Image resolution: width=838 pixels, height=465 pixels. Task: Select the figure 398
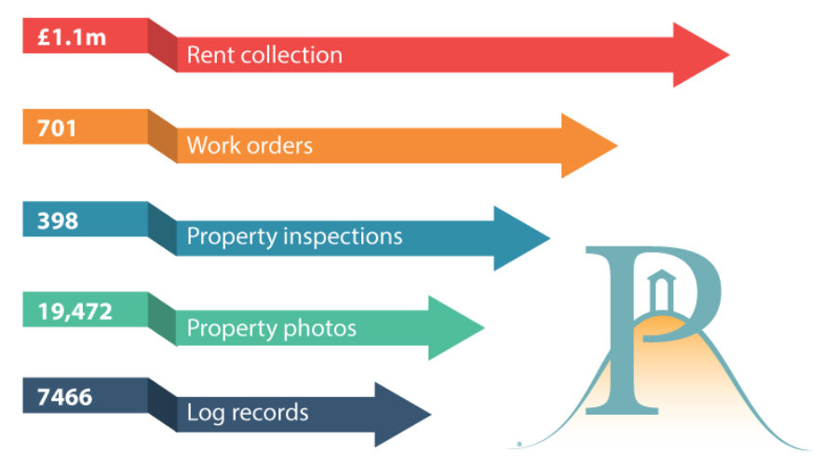(x=58, y=220)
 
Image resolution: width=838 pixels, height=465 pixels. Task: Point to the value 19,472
(x=74, y=312)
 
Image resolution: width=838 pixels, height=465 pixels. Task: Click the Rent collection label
(x=264, y=55)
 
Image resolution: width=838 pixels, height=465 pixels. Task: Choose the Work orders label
(x=250, y=146)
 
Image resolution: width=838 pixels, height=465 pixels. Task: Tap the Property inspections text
(x=294, y=236)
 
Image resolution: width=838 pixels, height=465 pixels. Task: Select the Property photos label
(x=271, y=327)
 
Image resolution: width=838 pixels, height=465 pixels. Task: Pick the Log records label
(x=248, y=412)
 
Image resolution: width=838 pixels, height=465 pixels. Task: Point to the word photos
(x=323, y=327)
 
